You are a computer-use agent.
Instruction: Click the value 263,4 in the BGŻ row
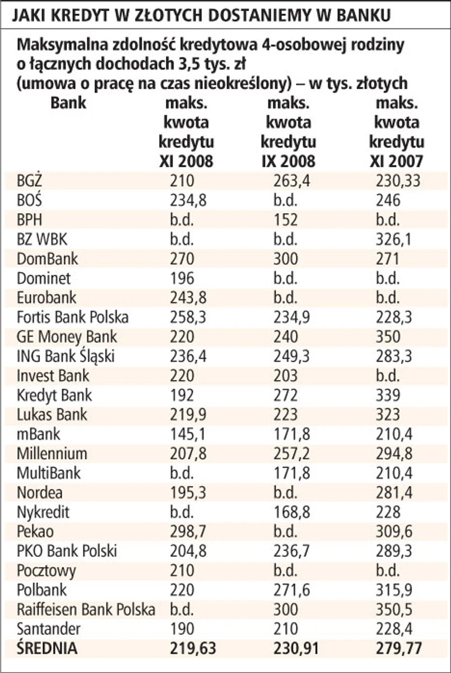291,181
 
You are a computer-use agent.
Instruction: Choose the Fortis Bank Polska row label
73,317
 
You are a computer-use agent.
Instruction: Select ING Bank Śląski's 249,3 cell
291,356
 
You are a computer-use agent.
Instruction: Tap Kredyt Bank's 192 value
182,395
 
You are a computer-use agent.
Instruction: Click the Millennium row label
52,453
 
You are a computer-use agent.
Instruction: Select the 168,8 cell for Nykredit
291,511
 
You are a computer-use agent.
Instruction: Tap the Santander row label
49,628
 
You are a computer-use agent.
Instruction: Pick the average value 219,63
193,648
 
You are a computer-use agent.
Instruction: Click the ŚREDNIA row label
47,648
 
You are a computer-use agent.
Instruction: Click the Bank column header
68,103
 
